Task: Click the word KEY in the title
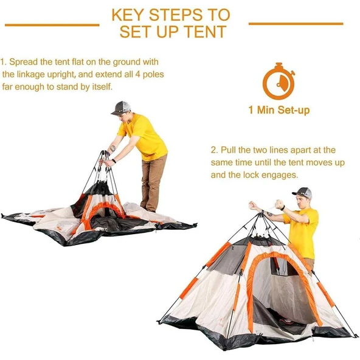coord(128,15)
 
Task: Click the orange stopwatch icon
coord(279,81)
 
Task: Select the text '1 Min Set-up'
coord(279,110)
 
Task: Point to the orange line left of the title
coord(52,25)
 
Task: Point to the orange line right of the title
coord(296,24)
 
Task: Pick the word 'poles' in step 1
coord(153,75)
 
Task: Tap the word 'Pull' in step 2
coord(228,150)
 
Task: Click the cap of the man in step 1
coord(121,108)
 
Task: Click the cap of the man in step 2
coord(302,193)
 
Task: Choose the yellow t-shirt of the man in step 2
coord(302,233)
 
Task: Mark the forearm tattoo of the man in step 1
coord(112,148)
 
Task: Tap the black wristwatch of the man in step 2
coord(283,208)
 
